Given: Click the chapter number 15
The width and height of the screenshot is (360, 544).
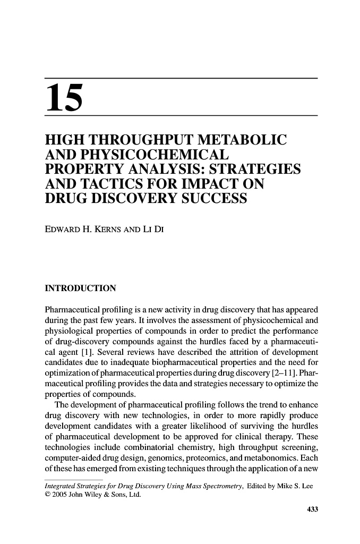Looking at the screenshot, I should tap(65, 98).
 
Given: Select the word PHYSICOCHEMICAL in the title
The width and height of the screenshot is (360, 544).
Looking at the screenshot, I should tap(158, 155).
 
